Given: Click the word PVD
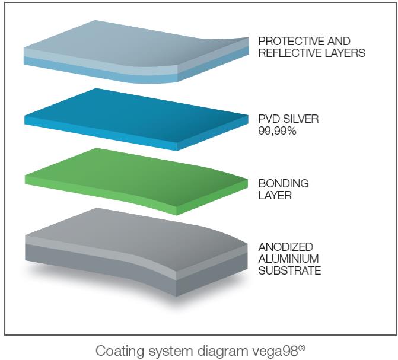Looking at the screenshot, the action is click(x=269, y=119).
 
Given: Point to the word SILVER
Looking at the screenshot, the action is click(x=301, y=119).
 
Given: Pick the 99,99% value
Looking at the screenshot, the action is click(x=277, y=131).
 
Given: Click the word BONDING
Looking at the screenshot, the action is click(x=284, y=183).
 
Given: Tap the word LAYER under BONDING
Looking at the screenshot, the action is click(x=275, y=195).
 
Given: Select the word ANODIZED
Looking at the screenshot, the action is click(x=286, y=247).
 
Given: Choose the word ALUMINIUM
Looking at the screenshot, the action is click(x=289, y=259).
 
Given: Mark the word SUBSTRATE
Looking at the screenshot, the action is click(x=290, y=270).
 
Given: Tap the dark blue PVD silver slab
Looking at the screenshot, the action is click(x=136, y=119).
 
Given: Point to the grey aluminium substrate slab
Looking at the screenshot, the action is click(x=136, y=251).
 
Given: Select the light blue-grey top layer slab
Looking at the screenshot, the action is click(x=136, y=51).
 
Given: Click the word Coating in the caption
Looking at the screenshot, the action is click(x=119, y=352).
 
